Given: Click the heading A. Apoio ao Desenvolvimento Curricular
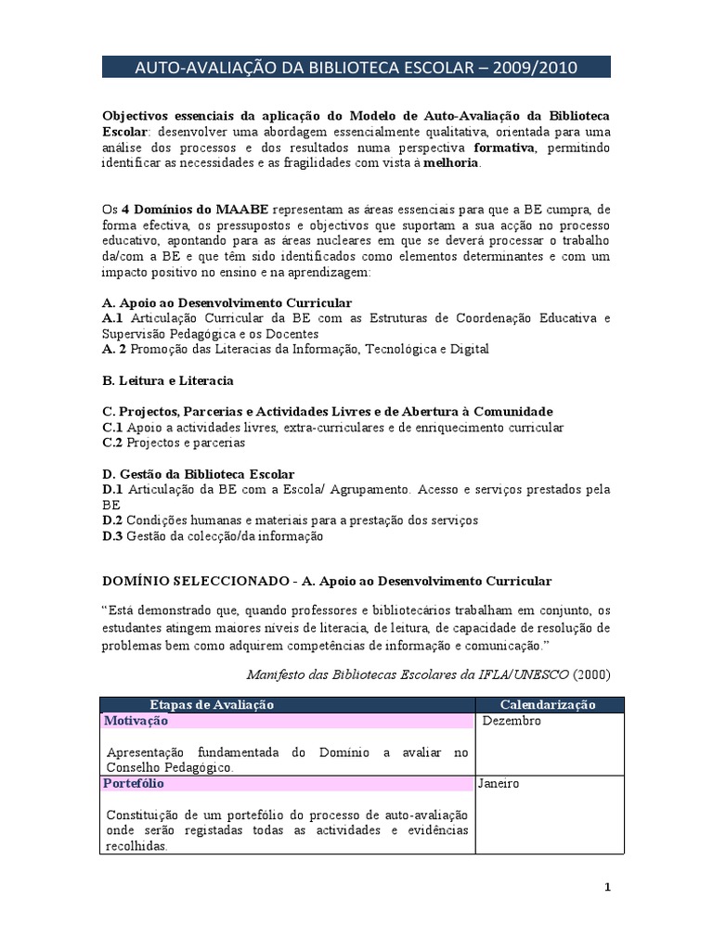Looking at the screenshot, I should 227,303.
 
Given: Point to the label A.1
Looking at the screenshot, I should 112,318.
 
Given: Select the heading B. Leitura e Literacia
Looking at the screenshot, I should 167,380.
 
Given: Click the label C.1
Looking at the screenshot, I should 112,428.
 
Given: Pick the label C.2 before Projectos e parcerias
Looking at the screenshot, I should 112,443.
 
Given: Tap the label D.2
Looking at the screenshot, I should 112,520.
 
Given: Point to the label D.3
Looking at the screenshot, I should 112,535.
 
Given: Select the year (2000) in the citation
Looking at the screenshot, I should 592,673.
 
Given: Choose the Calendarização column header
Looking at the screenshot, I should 548,705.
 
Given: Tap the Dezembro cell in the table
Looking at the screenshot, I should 511,721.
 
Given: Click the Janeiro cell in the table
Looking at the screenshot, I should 499,783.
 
